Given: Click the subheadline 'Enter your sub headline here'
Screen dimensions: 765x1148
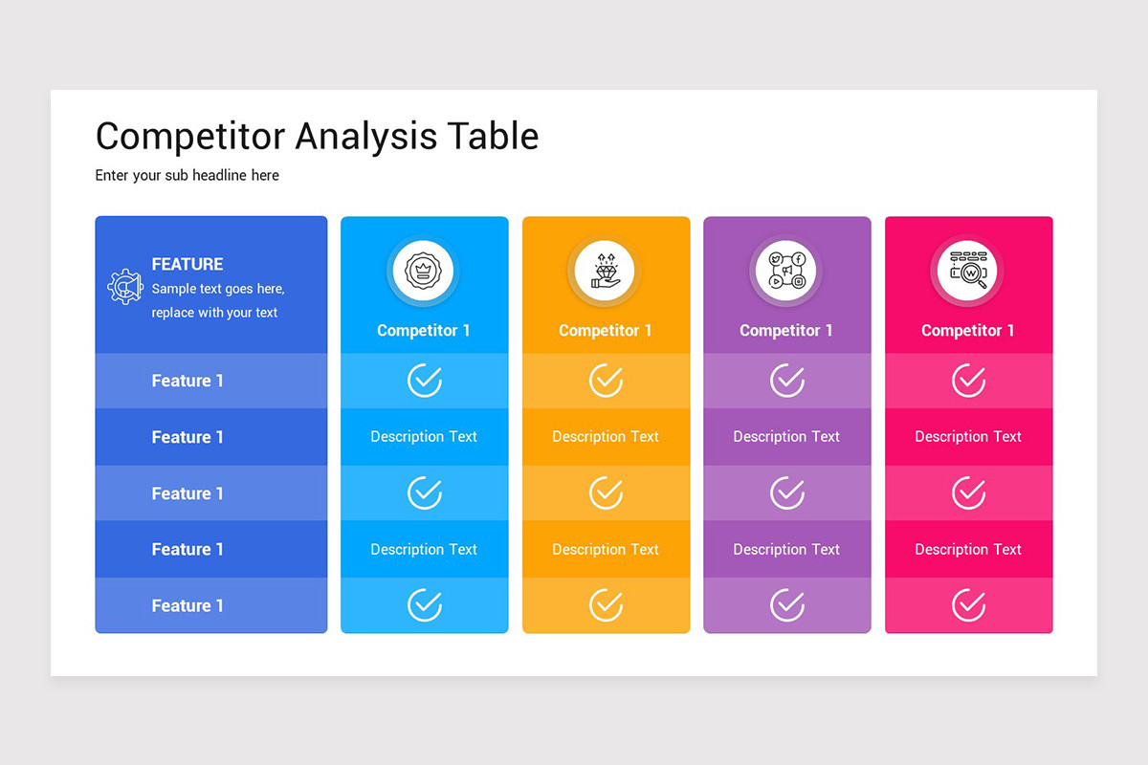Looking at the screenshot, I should tap(188, 175).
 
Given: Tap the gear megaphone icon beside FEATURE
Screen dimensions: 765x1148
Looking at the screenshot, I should tap(124, 287).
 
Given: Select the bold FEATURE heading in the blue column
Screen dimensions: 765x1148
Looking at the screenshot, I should tap(188, 264).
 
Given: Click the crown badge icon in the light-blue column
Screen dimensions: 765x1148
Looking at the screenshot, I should tap(423, 271).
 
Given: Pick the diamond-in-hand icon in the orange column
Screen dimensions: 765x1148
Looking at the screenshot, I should tap(605, 271).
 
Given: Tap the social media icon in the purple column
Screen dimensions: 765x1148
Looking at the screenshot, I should tap(786, 271).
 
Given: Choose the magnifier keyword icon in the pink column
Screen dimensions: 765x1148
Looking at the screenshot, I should tap(968, 271).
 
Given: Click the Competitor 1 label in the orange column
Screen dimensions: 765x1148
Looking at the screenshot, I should tap(605, 330).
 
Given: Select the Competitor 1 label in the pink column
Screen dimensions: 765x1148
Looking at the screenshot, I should tap(968, 330).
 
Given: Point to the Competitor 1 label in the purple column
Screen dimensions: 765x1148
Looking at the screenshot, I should tap(786, 330).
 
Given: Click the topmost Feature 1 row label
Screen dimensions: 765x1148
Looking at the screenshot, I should tap(188, 381).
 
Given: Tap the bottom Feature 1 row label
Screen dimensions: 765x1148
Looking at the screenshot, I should tap(188, 605).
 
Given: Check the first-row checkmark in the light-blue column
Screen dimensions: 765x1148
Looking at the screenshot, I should tap(424, 381).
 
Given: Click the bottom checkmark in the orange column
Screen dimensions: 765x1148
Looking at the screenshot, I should tap(606, 605).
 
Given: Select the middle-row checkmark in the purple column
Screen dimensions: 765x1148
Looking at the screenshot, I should tap(787, 493).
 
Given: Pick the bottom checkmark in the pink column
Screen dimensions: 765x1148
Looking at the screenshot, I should tap(969, 605).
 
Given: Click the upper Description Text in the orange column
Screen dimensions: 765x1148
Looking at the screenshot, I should tap(605, 436).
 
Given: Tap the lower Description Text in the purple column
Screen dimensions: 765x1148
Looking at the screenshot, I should tap(786, 549).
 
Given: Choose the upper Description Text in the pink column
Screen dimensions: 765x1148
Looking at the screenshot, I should tap(968, 436).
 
